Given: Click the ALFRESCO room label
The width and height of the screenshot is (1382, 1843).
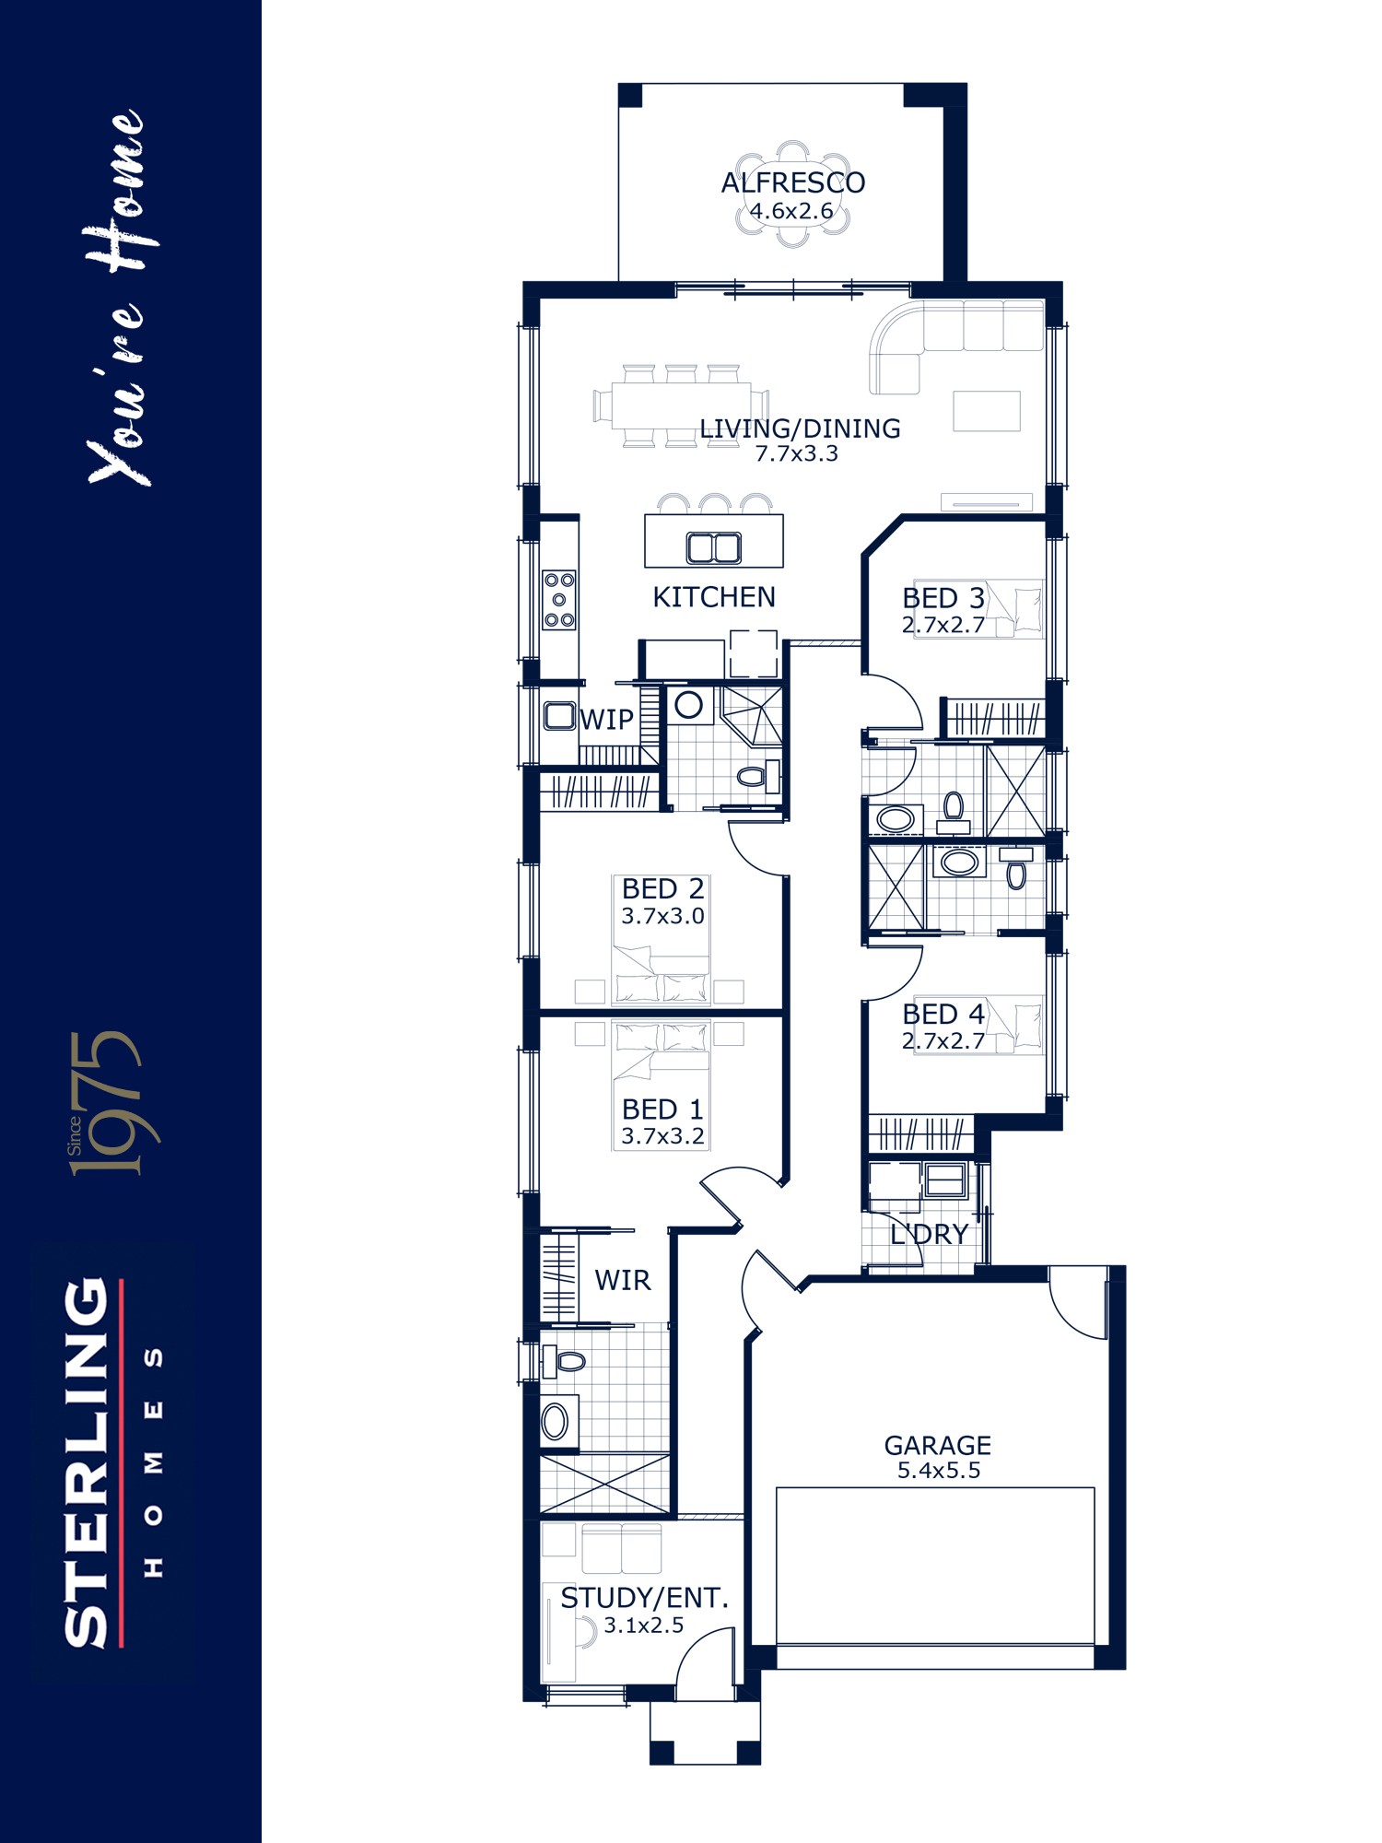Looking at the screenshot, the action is click(x=792, y=182).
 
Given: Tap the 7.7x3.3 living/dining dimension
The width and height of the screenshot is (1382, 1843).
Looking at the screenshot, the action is click(x=796, y=453).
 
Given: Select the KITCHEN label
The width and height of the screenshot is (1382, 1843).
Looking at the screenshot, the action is click(x=714, y=597).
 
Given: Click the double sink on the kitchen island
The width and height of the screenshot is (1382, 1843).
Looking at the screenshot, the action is click(x=714, y=548).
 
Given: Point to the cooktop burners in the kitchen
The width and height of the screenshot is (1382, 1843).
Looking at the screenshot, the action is click(x=559, y=600).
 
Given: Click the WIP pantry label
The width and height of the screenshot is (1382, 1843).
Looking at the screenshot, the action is click(x=606, y=719).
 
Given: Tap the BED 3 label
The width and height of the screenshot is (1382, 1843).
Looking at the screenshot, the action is click(x=943, y=598).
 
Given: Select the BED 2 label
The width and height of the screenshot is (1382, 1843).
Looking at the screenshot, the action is click(x=662, y=889).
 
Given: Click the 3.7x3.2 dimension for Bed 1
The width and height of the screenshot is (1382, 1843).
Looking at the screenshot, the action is click(x=662, y=1136).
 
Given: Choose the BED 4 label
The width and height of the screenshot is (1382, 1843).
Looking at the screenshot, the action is click(x=943, y=1015).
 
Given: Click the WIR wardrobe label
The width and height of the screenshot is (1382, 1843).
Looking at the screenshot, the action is click(x=623, y=1280).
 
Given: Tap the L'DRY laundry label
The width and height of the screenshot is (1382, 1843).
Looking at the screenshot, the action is click(x=929, y=1234).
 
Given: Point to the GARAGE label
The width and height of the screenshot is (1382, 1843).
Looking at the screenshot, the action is click(x=938, y=1446).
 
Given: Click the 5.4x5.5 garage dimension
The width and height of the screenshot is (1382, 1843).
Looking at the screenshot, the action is click(x=939, y=1471).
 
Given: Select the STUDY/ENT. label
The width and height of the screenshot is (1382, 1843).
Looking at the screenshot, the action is click(x=644, y=1599).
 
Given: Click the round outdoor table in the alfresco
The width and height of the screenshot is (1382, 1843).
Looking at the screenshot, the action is click(x=792, y=195).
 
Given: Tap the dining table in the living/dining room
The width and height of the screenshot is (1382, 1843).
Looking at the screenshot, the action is click(x=681, y=405).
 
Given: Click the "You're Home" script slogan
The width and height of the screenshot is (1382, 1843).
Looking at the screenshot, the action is click(x=118, y=298).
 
